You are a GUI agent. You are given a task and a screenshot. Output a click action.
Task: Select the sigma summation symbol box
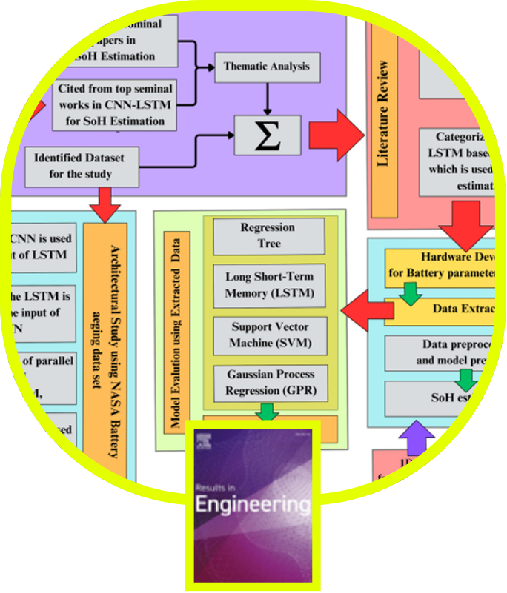[268, 135]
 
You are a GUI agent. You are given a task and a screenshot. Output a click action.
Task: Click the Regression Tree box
[268, 235]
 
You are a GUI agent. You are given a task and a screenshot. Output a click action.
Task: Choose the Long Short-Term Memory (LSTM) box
[269, 285]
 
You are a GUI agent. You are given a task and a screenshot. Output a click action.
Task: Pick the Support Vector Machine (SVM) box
[269, 335]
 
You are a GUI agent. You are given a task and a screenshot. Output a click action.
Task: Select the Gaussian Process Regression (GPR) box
[269, 383]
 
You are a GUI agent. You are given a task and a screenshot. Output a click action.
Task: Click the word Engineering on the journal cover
[252, 505]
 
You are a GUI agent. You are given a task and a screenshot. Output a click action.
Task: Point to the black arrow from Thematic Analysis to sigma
[268, 98]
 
